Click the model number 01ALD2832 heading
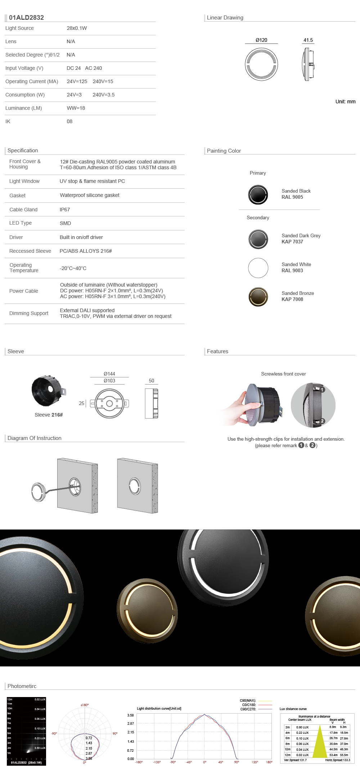click(26, 18)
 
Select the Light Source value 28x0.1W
click(77, 28)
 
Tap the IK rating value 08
click(69, 121)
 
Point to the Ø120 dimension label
click(261, 40)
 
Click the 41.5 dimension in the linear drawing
click(308, 40)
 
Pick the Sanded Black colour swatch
click(258, 194)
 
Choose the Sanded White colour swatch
click(258, 268)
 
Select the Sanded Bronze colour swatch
click(258, 297)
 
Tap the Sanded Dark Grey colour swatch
click(258, 239)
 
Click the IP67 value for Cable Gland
click(65, 210)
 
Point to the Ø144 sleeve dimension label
click(109, 374)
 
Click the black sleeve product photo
click(48, 391)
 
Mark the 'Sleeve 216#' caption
click(49, 415)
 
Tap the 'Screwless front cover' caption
click(283, 374)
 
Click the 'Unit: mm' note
click(345, 102)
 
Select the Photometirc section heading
click(22, 686)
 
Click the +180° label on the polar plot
click(85, 705)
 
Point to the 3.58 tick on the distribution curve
click(130, 715)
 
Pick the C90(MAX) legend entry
click(248, 701)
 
